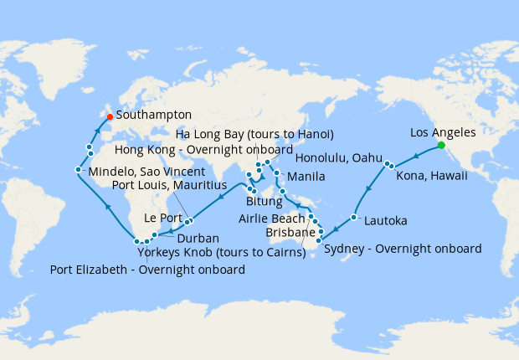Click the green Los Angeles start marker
pyautogui.click(x=441, y=145)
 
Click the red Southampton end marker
pyautogui.click(x=110, y=116)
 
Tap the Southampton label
pyautogui.click(x=155, y=115)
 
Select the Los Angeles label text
pyautogui.click(x=443, y=132)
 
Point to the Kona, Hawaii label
pyautogui.click(x=433, y=177)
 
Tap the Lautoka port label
pyautogui.click(x=386, y=221)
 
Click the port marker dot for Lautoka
pyautogui.click(x=354, y=218)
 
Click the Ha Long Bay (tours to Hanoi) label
pyautogui.click(x=254, y=134)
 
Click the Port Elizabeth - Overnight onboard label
pyautogui.click(x=147, y=270)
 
